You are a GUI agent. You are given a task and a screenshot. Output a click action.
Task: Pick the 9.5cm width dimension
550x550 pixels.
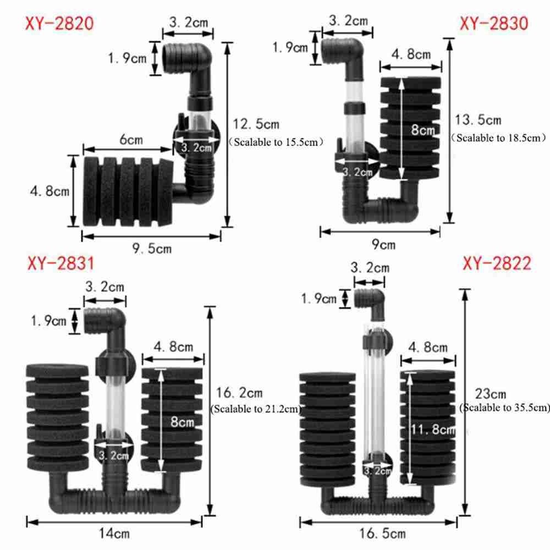point(152,249)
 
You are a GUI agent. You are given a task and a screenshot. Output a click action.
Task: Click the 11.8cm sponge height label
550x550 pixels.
point(433,430)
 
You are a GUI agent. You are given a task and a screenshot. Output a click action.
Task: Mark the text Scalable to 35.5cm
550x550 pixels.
point(504,408)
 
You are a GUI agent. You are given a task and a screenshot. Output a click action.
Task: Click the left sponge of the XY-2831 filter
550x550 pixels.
point(58,416)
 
